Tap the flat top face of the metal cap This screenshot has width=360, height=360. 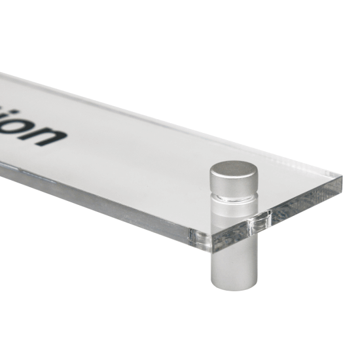(x=234, y=169)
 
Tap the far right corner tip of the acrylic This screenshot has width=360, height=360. (x=340, y=177)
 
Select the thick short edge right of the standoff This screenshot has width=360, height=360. (x=308, y=200)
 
